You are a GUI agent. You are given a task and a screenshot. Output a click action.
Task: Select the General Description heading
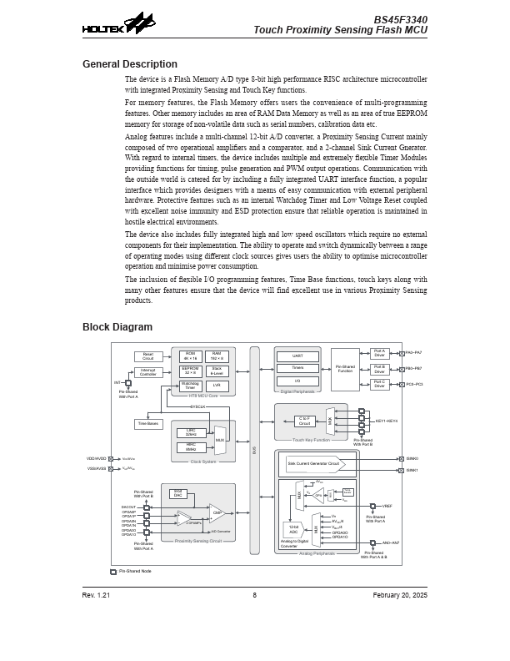tap(129, 64)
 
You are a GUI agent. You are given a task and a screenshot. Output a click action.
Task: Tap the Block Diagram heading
tap(117, 327)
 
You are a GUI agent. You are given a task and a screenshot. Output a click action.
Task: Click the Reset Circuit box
tap(147, 356)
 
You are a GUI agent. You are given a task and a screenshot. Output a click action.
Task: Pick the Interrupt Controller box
tap(147, 372)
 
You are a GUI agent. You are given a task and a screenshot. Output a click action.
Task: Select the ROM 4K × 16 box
tap(190, 356)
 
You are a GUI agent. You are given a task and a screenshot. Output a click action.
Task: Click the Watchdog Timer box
tap(190, 386)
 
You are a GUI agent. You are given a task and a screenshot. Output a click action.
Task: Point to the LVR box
tap(216, 386)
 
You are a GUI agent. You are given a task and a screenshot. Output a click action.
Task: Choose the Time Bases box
tap(148, 424)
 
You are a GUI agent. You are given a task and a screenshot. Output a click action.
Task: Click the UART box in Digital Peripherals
tap(297, 356)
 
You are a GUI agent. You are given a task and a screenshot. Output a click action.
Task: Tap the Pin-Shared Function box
tap(345, 369)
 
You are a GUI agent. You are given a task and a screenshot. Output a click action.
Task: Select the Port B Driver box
tap(379, 369)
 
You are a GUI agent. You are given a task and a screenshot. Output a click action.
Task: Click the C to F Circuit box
tap(304, 421)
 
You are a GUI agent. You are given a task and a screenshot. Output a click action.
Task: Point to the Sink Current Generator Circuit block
tap(315, 463)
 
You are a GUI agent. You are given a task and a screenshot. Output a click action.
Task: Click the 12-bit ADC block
tap(293, 530)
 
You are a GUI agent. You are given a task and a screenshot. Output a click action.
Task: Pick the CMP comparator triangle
tap(217, 512)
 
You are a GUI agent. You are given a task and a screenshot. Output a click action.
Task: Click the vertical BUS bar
tap(254, 451)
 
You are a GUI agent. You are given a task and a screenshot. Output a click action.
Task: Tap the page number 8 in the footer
tap(254, 595)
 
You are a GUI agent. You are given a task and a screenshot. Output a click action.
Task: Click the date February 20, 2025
tap(400, 595)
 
